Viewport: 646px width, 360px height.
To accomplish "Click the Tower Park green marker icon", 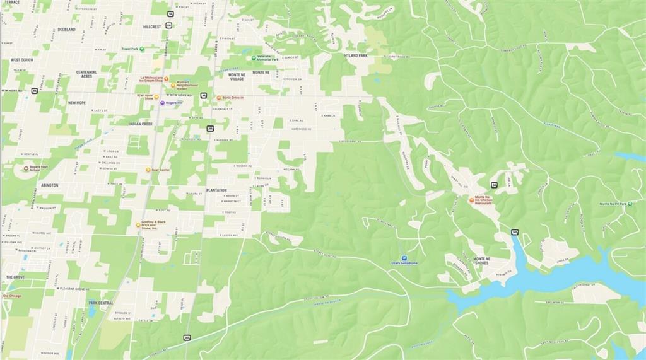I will tap(119, 49).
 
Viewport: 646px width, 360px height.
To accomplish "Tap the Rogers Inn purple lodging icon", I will tap(162, 103).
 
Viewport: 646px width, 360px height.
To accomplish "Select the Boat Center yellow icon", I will tap(148, 170).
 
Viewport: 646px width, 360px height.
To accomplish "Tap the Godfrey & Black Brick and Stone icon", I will tap(138, 225).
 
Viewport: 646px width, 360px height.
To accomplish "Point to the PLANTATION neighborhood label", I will tap(216, 190).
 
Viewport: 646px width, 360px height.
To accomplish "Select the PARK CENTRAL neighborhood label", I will tap(101, 303).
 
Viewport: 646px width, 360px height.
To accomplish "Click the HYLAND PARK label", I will tap(356, 55).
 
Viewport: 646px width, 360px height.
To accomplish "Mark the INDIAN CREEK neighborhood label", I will tap(141, 124).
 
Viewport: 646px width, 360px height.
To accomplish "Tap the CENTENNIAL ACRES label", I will tap(86, 74).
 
